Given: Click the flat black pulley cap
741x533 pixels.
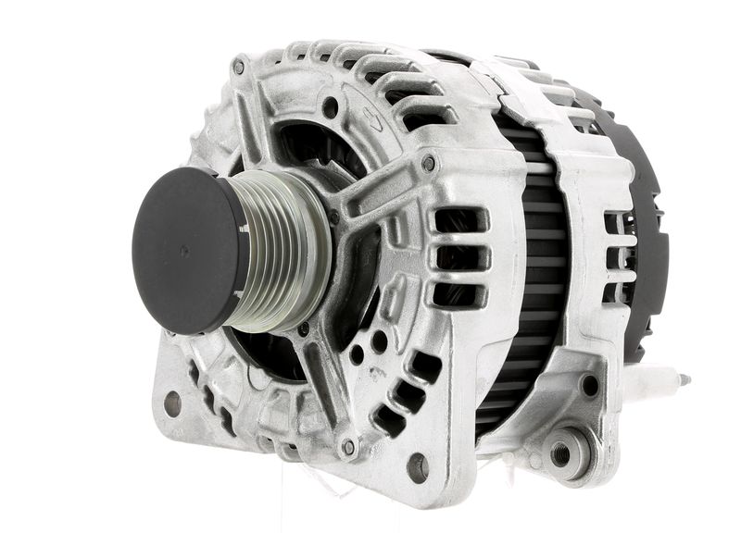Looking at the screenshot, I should click(x=185, y=250).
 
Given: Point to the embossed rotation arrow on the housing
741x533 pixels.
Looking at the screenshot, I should click(x=372, y=117).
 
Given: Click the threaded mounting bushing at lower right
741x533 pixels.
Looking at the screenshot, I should click(x=561, y=453).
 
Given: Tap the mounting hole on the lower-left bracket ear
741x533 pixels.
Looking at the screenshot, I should click(x=172, y=403).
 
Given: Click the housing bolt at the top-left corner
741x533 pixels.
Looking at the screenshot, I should click(x=239, y=68).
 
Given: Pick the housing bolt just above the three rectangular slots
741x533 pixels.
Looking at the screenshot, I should click(x=428, y=165).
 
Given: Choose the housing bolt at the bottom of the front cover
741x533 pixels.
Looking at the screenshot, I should click(x=348, y=447).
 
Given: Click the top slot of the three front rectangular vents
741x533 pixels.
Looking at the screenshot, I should click(x=458, y=220).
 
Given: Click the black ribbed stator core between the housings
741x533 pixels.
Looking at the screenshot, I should click(x=523, y=278).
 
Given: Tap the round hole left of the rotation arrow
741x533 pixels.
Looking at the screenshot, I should click(x=330, y=107).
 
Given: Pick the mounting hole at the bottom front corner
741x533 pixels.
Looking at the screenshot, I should click(x=417, y=465).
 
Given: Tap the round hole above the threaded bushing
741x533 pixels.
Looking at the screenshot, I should click(x=590, y=386).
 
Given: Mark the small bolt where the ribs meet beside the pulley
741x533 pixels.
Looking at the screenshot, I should click(x=333, y=218).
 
